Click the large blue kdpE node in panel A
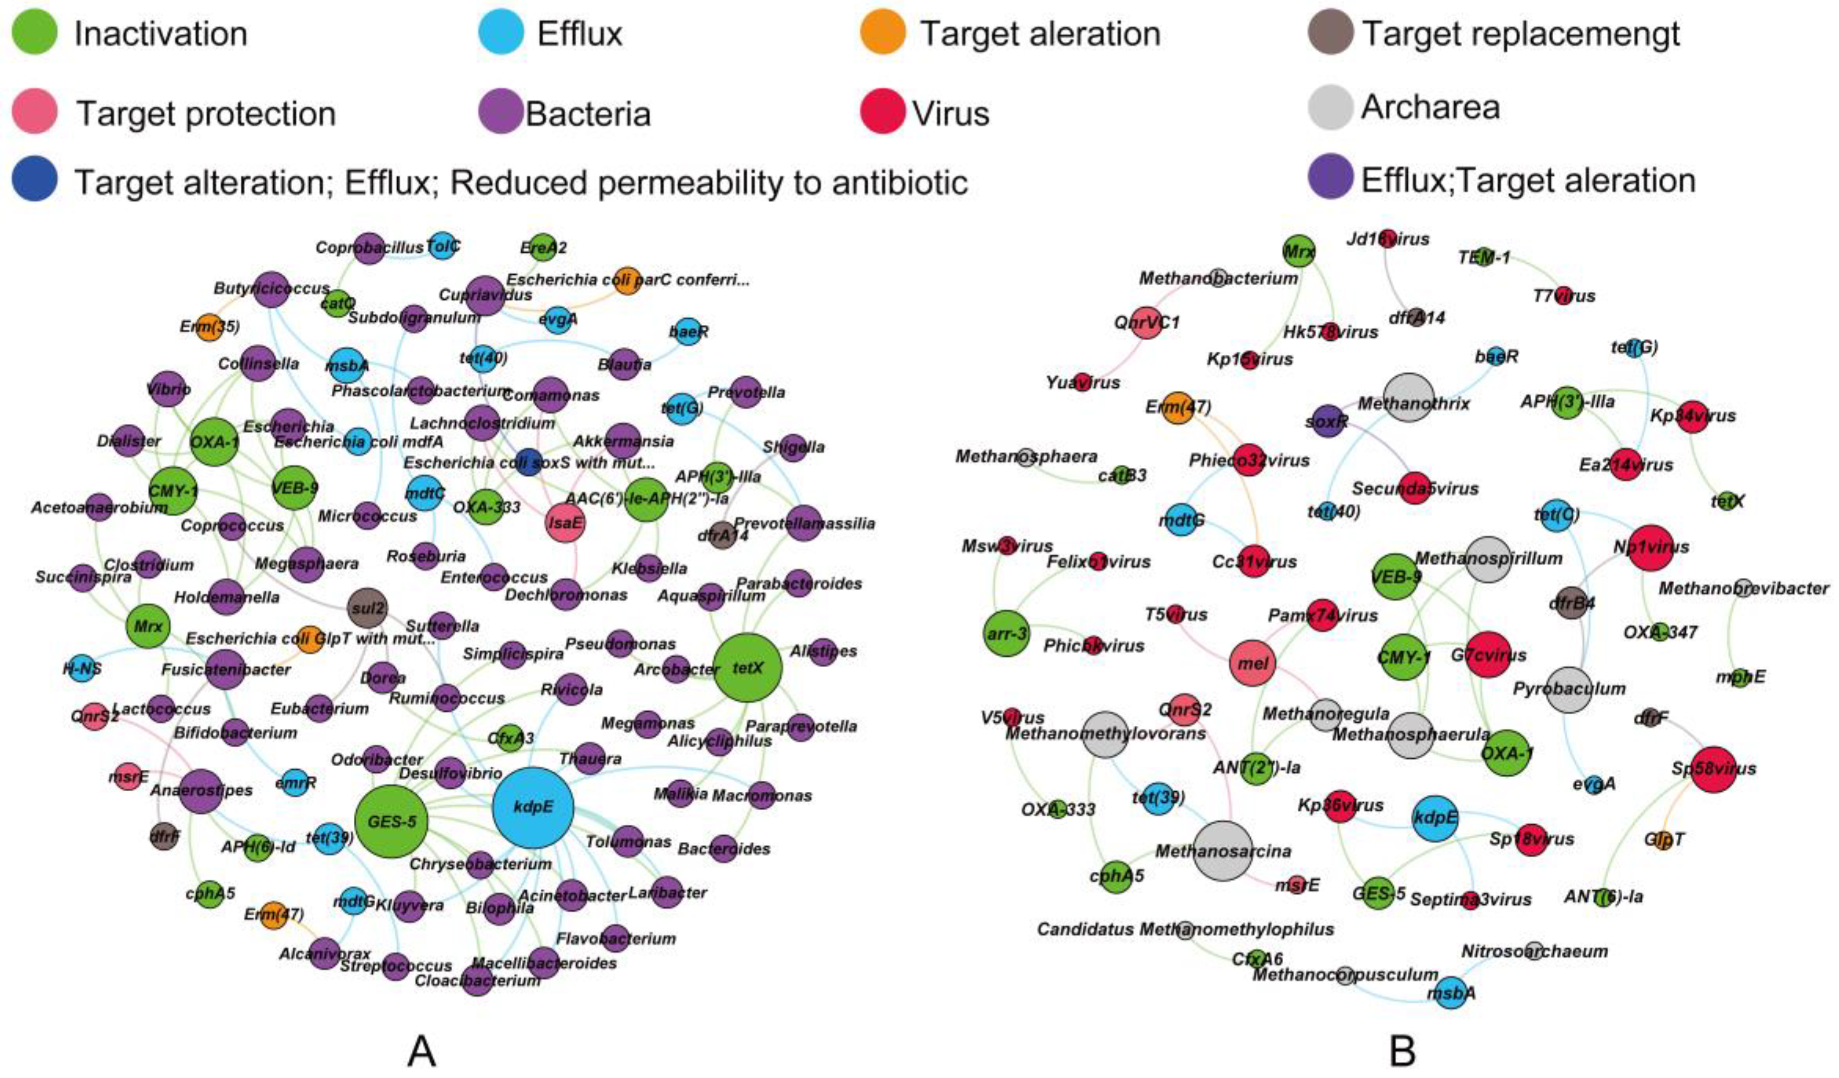coord(533,807)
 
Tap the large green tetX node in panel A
coord(747,668)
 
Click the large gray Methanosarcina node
coord(1223,850)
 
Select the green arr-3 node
coord(1006,634)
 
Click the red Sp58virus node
coord(1713,769)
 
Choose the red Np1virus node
coord(1650,547)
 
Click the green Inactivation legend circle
coord(35,33)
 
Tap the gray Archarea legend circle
coord(1330,108)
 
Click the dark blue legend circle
coord(35,181)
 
